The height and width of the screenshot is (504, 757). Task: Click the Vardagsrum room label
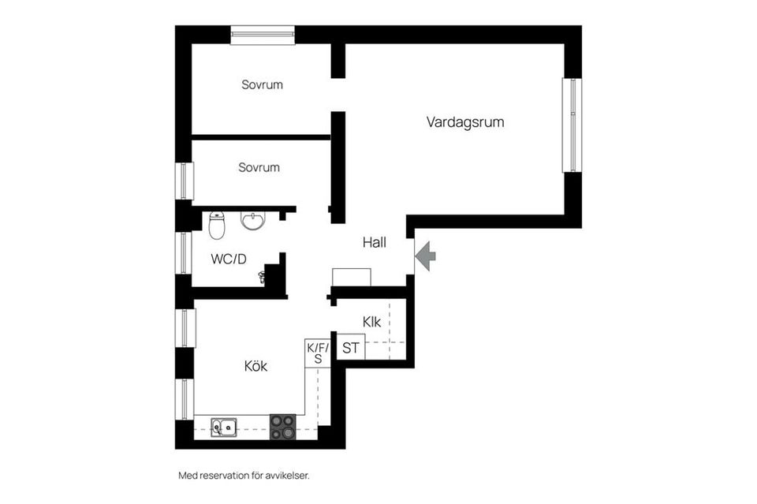click(x=465, y=122)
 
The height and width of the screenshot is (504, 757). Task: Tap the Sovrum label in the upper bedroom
click(x=262, y=84)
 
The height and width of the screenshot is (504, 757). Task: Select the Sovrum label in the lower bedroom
click(x=259, y=167)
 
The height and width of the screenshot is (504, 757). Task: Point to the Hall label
click(x=374, y=243)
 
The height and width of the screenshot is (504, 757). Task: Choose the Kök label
click(x=255, y=366)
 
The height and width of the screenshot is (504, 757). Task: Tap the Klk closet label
click(x=372, y=322)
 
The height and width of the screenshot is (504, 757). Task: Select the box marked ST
click(x=351, y=347)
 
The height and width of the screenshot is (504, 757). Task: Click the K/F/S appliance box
click(x=318, y=352)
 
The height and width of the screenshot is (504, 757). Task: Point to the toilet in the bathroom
click(x=218, y=225)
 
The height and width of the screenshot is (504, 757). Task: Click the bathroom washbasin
click(x=253, y=221)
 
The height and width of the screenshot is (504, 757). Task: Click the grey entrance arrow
click(x=425, y=256)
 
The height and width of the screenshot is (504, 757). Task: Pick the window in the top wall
click(x=263, y=35)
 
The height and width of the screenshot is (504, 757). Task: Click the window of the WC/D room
click(x=184, y=253)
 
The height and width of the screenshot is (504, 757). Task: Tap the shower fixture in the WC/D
click(x=263, y=276)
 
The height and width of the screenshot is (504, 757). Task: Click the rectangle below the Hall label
click(x=352, y=277)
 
